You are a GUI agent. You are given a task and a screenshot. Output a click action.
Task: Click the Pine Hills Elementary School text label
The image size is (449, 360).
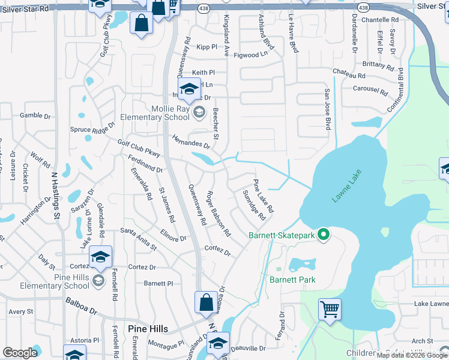(60, 281)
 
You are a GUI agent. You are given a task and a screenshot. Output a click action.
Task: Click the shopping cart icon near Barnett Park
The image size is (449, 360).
(330, 310)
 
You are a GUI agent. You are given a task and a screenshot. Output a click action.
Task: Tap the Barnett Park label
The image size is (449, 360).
(292, 280)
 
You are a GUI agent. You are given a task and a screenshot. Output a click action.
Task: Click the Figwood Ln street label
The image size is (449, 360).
(252, 53)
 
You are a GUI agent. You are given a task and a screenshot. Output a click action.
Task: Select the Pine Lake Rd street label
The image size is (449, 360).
(263, 197)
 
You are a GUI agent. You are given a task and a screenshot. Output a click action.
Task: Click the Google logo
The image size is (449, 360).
(20, 353)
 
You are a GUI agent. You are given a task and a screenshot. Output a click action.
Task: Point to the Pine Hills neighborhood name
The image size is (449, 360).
(148, 328)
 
